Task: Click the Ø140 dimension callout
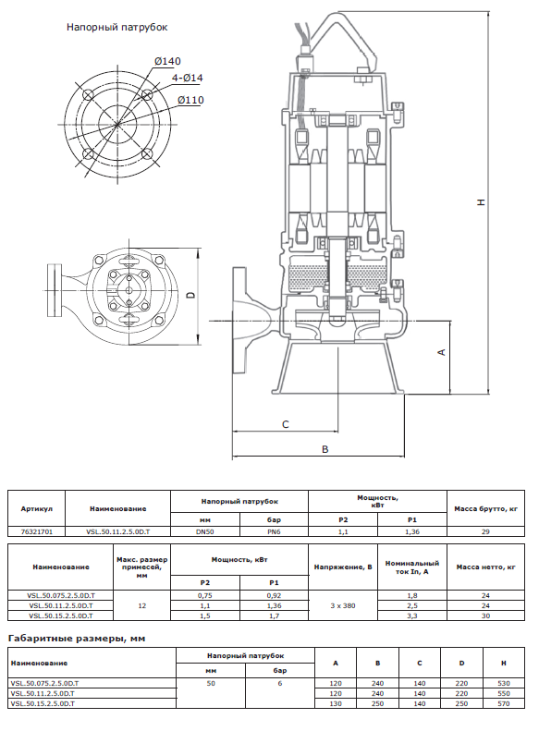click(x=167, y=61)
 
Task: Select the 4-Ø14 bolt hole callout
click(x=188, y=78)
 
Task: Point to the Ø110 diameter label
click(x=190, y=100)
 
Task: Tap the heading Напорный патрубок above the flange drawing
click(x=117, y=28)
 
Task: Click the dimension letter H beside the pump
click(x=481, y=202)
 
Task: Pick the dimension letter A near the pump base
click(x=442, y=352)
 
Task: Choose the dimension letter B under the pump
click(x=325, y=449)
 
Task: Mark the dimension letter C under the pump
click(x=286, y=424)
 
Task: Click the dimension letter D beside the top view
click(x=190, y=295)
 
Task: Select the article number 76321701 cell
click(x=36, y=531)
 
